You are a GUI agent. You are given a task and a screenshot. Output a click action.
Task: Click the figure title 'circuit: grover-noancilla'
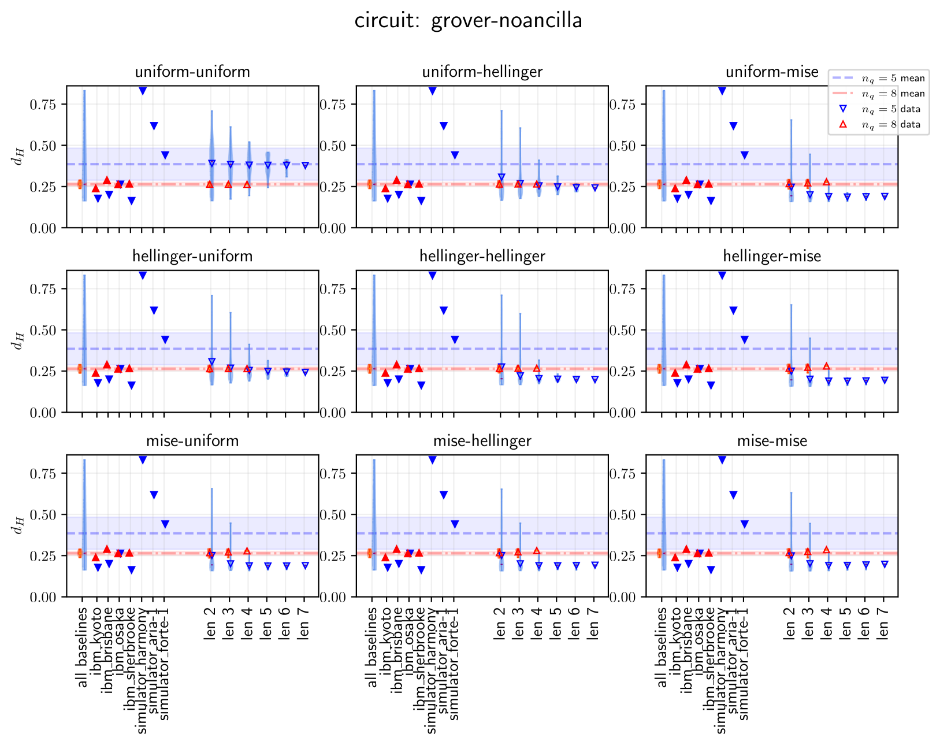[x=469, y=21]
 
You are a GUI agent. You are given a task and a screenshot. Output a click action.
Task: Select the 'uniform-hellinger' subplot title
[x=482, y=72]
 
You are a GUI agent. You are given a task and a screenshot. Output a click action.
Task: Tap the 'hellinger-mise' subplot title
[x=772, y=257]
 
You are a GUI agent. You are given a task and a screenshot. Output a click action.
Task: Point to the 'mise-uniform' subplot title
[x=192, y=441]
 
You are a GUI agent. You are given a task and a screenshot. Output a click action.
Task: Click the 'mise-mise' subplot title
[x=772, y=441]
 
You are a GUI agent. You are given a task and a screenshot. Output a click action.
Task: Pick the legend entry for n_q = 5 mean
[x=893, y=79]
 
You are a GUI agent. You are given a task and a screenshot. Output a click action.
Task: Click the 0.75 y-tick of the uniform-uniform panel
[x=43, y=105]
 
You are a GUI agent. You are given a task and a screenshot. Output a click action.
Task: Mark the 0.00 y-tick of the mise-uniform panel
[x=43, y=597]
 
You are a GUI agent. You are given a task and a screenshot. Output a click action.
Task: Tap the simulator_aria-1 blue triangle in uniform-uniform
[x=154, y=126]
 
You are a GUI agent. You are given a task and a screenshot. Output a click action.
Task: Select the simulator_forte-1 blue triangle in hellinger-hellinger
[x=455, y=340]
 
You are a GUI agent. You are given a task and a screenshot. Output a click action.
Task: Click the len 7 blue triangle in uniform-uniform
[x=305, y=166]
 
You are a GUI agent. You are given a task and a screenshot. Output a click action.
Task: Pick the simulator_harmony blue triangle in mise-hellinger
[x=432, y=460]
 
